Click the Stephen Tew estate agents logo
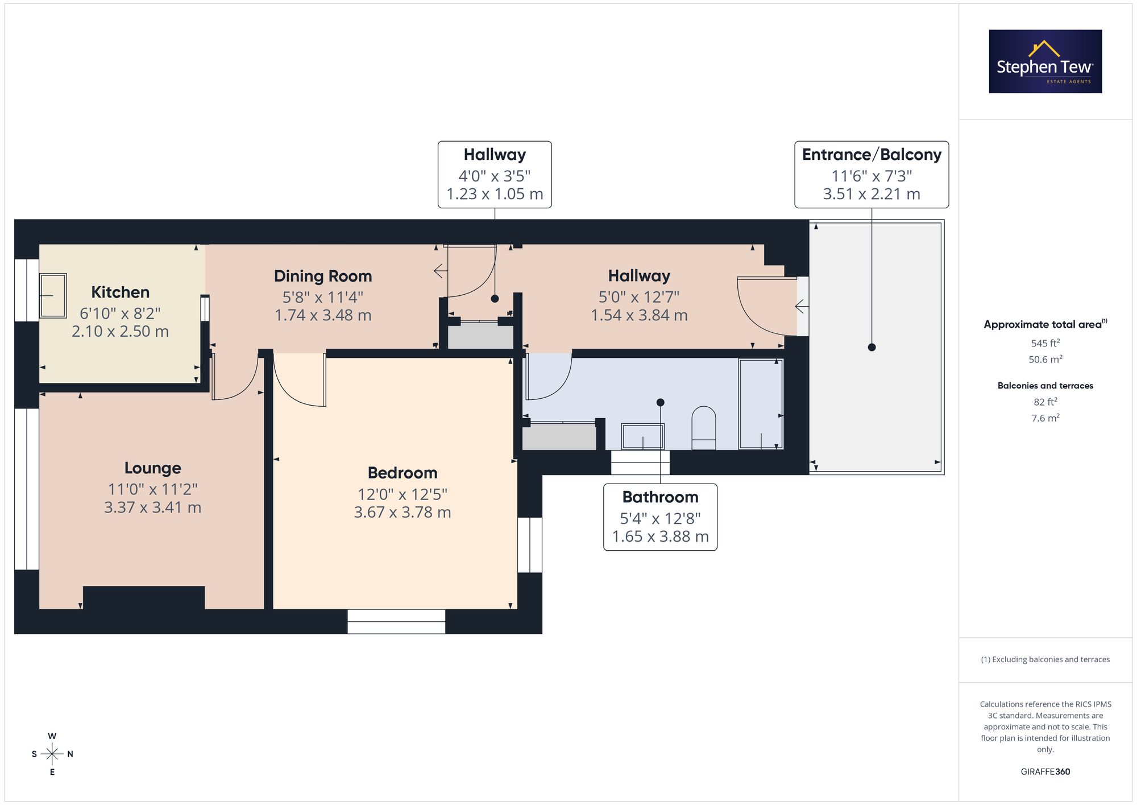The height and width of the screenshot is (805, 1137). pyautogui.click(x=1045, y=61)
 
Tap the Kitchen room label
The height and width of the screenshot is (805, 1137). pyautogui.click(x=121, y=292)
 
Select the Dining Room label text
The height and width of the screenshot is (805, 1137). pyautogui.click(x=323, y=276)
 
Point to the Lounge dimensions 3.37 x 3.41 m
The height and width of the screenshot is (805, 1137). pyautogui.click(x=153, y=507)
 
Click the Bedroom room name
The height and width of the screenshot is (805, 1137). pyautogui.click(x=402, y=473)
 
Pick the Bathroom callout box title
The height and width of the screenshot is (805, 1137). pyautogui.click(x=660, y=497)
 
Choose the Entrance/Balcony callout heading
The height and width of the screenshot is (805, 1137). pyautogui.click(x=872, y=155)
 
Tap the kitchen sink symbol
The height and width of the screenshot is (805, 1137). pyautogui.click(x=53, y=295)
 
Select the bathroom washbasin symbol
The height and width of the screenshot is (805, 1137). pyautogui.click(x=643, y=436)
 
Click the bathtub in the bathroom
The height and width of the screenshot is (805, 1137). pyautogui.click(x=761, y=404)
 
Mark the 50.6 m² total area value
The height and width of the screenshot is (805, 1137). pyautogui.click(x=1045, y=360)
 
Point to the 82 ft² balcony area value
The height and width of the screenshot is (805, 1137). pyautogui.click(x=1045, y=402)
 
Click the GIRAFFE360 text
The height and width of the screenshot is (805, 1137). pyautogui.click(x=1045, y=772)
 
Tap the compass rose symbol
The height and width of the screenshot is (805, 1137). pyautogui.click(x=52, y=754)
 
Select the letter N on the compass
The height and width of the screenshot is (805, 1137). pyautogui.click(x=70, y=754)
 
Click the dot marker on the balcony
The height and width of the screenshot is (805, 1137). pyautogui.click(x=872, y=347)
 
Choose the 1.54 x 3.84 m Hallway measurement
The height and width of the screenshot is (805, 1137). pyautogui.click(x=639, y=315)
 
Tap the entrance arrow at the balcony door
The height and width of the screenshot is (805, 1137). pyautogui.click(x=802, y=307)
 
